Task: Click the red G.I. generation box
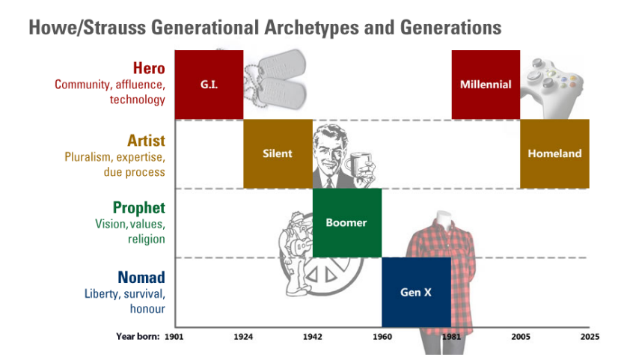pyautogui.click(x=209, y=85)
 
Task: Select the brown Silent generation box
pyautogui.click(x=278, y=153)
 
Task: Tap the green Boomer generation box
pyautogui.click(x=347, y=223)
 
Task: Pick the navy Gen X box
pyautogui.click(x=416, y=292)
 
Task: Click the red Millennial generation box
pyautogui.click(x=486, y=85)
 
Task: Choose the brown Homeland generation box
pyautogui.click(x=554, y=153)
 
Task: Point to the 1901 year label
pyautogui.click(x=174, y=337)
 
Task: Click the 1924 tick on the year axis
pyautogui.click(x=243, y=337)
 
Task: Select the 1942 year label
pyautogui.click(x=313, y=337)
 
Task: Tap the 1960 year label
pyautogui.click(x=382, y=337)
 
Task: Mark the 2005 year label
pyautogui.click(x=521, y=337)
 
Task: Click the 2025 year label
pyautogui.click(x=590, y=337)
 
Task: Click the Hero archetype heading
pyautogui.click(x=149, y=68)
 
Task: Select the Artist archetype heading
pyautogui.click(x=146, y=141)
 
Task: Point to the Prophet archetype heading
pyautogui.click(x=139, y=208)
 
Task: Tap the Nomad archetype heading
pyautogui.click(x=141, y=277)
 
